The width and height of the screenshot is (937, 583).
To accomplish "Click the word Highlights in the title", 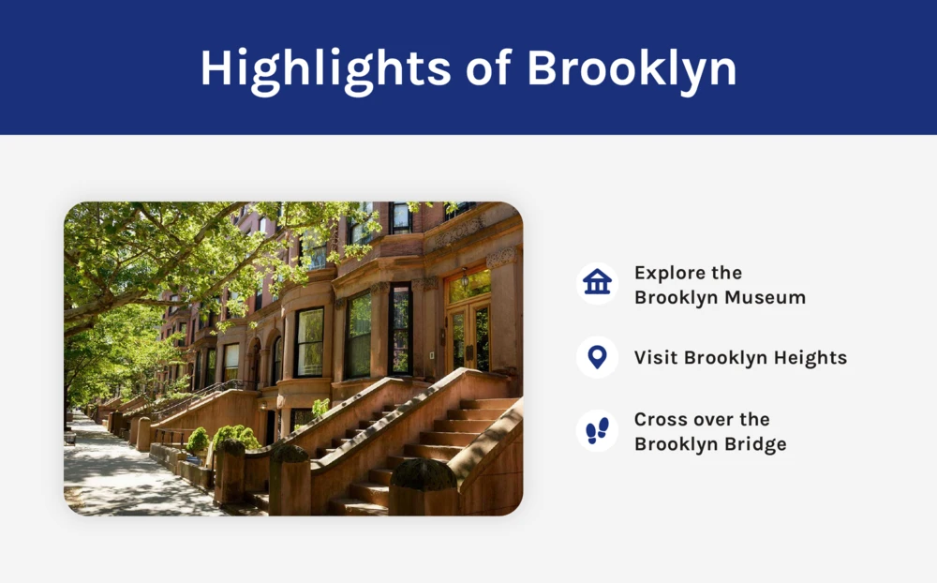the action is pyautogui.click(x=325, y=69).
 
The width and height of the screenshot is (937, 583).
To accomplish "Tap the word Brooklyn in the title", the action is pyautogui.click(x=632, y=69).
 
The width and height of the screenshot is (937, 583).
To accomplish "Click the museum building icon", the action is pyautogui.click(x=597, y=282).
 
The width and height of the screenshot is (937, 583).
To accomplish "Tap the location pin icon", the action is pyautogui.click(x=597, y=357).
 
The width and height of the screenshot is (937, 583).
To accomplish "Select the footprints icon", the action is pyautogui.click(x=597, y=430).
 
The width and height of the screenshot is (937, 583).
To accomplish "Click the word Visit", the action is pyautogui.click(x=656, y=357).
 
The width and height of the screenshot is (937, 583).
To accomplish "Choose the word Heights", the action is pyautogui.click(x=811, y=357).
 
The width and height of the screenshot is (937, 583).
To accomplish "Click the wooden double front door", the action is pyautogui.click(x=469, y=337).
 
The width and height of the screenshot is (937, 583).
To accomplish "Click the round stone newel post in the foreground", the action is pyautogui.click(x=424, y=486).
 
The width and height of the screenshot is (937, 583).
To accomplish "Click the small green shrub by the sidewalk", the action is pyautogui.click(x=198, y=441).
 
